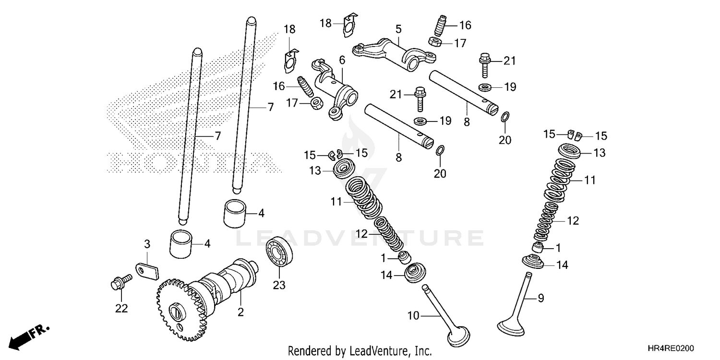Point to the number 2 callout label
tap(240, 312)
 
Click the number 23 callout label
tap(279, 285)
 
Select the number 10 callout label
tap(414, 315)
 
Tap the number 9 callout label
tap(540, 299)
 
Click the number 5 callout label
tap(398, 28)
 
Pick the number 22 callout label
tap(121, 309)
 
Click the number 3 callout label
tap(147, 244)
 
